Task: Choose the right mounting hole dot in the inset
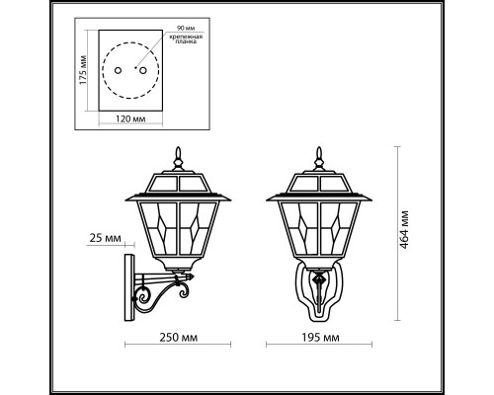click(x=141, y=71)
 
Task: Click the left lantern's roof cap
click(x=179, y=182)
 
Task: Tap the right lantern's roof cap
click(x=319, y=182)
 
